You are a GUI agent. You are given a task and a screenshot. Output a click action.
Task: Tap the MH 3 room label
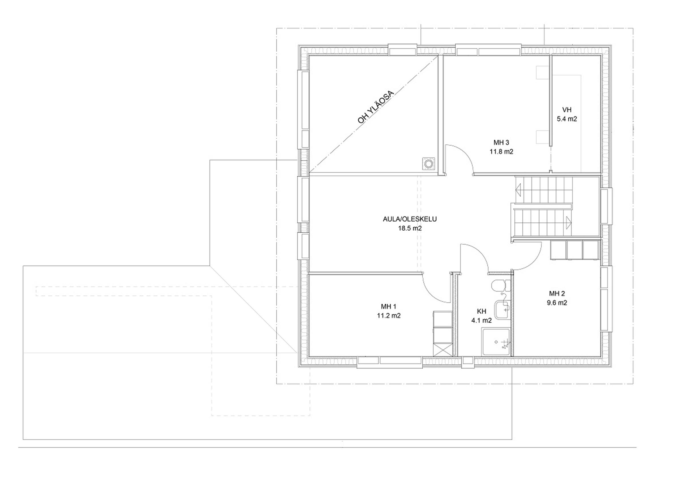coord(501,142)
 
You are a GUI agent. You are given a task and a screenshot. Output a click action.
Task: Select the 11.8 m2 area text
coord(501,152)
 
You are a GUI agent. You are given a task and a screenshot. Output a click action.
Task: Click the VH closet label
coord(566,110)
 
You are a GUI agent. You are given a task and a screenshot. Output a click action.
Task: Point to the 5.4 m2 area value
coord(567,119)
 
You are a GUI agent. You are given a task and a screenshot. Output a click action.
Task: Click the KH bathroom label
coord(482,311)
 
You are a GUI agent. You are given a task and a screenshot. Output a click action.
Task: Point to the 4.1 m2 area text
coord(482,320)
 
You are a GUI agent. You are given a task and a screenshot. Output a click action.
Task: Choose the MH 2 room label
coord(557,294)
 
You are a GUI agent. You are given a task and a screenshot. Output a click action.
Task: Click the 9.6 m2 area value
coord(557,303)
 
